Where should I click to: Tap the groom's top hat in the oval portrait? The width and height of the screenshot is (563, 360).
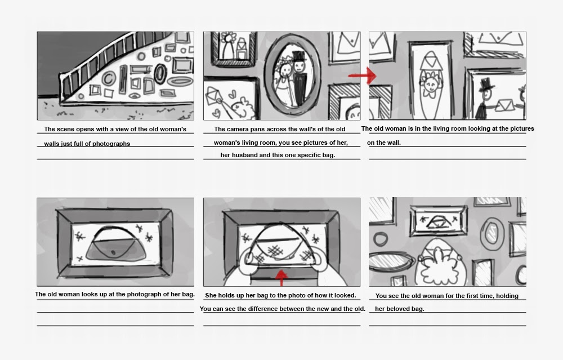tap(298, 57)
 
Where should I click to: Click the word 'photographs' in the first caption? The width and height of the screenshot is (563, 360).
tap(111, 144)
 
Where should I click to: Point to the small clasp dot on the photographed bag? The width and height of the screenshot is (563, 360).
tap(115, 251)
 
